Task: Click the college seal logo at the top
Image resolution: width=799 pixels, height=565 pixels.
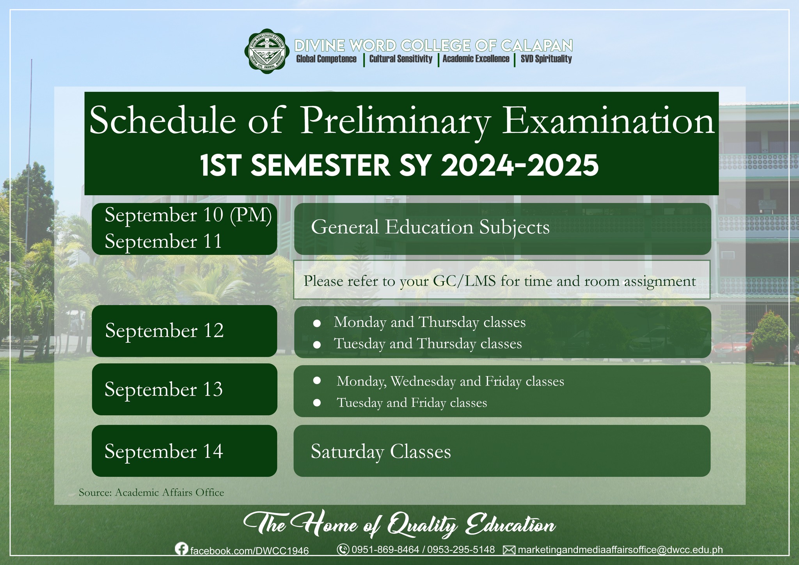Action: [x=268, y=49]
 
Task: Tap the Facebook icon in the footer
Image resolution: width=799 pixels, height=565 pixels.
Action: [x=181, y=549]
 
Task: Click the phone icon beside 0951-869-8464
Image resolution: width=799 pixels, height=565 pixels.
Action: [x=343, y=549]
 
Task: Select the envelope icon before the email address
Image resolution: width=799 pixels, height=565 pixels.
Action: [x=509, y=550]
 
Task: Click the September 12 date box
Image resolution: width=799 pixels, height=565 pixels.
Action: [x=185, y=331]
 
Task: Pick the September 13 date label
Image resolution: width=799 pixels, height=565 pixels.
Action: [x=163, y=389]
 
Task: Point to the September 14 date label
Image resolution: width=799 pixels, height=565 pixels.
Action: [x=164, y=451]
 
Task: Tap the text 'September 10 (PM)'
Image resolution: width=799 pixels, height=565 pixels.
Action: [x=188, y=215]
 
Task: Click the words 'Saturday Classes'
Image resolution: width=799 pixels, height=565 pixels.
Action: [x=381, y=452]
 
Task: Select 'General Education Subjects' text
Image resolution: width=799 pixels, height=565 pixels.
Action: [x=430, y=227]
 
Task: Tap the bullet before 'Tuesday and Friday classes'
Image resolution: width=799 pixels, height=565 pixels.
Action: [x=317, y=403]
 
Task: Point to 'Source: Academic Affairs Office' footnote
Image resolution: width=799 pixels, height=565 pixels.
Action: [x=151, y=492]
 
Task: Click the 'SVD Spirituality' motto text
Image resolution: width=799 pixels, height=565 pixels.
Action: [x=546, y=59]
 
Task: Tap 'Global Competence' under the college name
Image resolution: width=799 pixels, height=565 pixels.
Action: [x=326, y=59]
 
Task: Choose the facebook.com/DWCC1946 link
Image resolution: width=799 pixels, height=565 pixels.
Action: [x=249, y=551]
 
